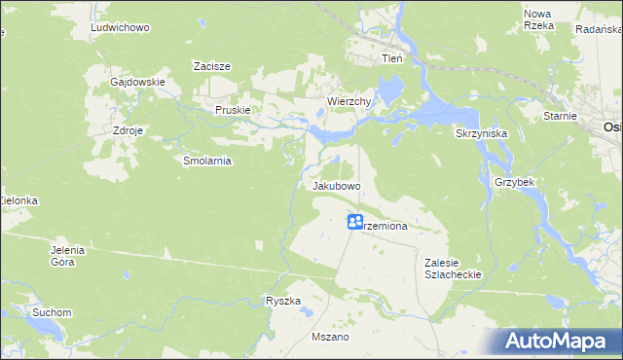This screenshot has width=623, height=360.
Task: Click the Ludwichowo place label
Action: click(x=119, y=28)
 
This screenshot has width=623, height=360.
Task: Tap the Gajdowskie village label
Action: click(x=137, y=82)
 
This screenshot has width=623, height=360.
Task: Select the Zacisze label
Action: click(x=211, y=66)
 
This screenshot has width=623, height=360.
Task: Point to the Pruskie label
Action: click(x=233, y=111)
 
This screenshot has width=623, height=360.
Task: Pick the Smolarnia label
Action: click(x=206, y=162)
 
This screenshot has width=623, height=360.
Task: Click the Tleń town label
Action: click(x=391, y=58)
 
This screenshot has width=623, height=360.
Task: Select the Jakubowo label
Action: click(x=337, y=185)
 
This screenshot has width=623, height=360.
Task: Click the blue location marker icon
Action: click(x=356, y=223)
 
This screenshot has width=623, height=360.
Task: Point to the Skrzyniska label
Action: click(x=478, y=132)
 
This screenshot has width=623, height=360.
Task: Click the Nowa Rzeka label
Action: click(x=538, y=19)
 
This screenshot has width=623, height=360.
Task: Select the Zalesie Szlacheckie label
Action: click(x=454, y=268)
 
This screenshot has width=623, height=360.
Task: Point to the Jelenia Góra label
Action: click(x=69, y=256)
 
